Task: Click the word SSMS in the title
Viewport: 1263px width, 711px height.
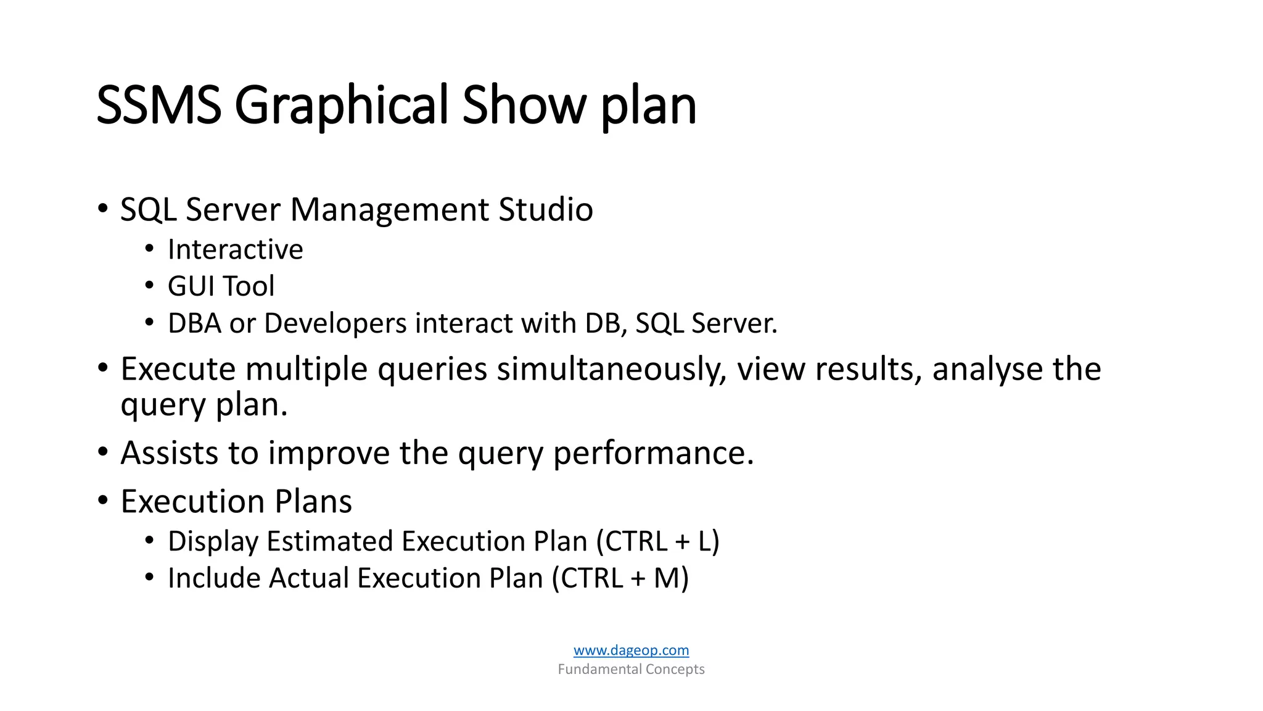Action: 158,105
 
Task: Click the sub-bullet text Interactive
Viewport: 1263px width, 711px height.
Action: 235,250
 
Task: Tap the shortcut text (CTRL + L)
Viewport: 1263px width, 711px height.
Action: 657,541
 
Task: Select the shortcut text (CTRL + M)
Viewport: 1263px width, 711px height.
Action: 620,578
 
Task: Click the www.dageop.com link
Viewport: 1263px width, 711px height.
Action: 631,650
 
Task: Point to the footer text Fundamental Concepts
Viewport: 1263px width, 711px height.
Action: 631,669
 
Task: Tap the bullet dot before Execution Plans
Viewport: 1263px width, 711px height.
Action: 103,499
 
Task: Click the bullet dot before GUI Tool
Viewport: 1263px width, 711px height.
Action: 149,286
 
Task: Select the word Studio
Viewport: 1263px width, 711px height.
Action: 545,210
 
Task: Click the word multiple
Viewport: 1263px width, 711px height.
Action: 306,370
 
